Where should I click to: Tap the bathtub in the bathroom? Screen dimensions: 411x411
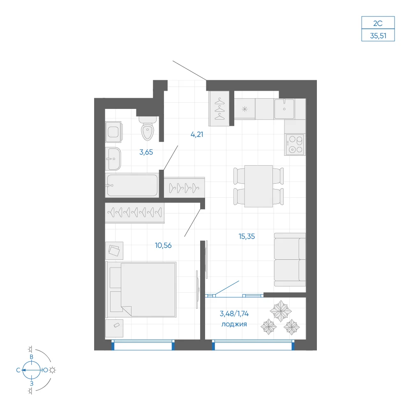point(132,185)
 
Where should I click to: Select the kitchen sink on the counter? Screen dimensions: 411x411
point(284,109)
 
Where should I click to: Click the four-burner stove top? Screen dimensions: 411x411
point(295,144)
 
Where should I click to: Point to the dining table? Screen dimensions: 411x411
point(259,186)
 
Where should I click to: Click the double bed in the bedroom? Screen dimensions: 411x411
point(141,289)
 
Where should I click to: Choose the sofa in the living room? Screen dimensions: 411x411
point(290,259)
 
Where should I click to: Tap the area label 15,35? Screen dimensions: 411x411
point(247,236)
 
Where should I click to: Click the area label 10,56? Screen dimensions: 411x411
point(163,245)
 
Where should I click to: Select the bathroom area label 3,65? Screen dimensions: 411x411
point(146,152)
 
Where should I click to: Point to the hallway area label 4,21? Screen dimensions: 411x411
point(197,134)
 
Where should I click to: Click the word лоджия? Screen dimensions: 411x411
point(234,324)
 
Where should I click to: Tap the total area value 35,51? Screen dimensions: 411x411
point(378,36)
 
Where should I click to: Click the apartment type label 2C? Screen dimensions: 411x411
point(378,23)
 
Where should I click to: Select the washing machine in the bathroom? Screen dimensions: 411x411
point(113,132)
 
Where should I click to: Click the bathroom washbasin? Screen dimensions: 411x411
point(113,159)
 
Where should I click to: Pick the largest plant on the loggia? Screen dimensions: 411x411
point(281,311)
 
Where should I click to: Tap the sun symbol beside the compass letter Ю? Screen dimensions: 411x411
point(53,370)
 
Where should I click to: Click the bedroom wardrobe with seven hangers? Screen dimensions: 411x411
point(135,212)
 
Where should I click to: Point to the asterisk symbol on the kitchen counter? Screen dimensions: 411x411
point(245,109)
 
